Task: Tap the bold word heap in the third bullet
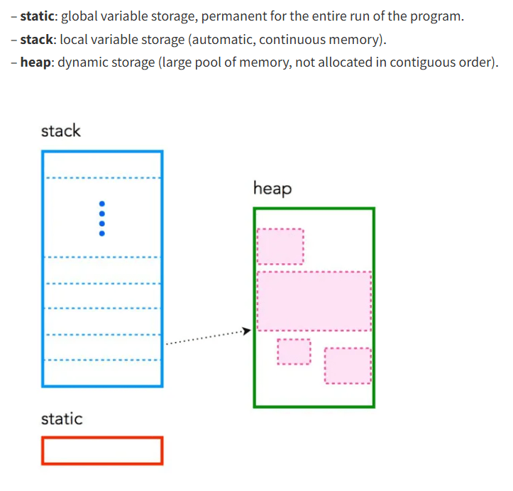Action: point(36,62)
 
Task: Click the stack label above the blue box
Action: point(61,131)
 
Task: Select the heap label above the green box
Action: point(272,189)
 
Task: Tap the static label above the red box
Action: point(62,419)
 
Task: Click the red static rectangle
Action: point(102,451)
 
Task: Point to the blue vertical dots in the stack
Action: point(102,218)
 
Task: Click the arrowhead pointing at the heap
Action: point(247,331)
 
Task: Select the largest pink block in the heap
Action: point(314,301)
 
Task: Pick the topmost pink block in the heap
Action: point(280,245)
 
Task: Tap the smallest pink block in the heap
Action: point(294,351)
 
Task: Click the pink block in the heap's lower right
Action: point(348,365)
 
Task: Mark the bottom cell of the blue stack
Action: point(102,373)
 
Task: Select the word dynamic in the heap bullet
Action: point(79,62)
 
